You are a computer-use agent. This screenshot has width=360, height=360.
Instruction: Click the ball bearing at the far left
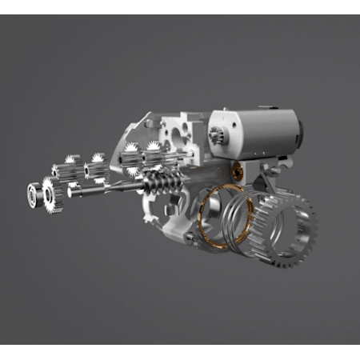[35, 193]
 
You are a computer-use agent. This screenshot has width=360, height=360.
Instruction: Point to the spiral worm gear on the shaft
[161, 186]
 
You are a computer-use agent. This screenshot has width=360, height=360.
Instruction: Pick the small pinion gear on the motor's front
[217, 135]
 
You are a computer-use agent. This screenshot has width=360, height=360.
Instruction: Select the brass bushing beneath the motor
[237, 169]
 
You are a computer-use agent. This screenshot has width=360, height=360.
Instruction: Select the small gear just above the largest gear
[69, 169]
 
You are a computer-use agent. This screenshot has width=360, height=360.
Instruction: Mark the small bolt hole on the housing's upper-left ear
[146, 120]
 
